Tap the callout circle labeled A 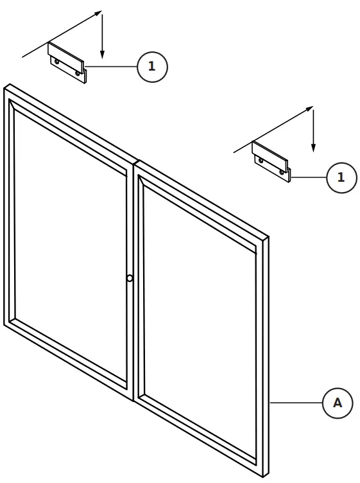coord(337,403)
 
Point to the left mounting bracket coord(67,62)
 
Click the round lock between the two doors coord(130,278)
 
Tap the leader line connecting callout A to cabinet coord(295,403)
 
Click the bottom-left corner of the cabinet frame coord(5,324)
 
